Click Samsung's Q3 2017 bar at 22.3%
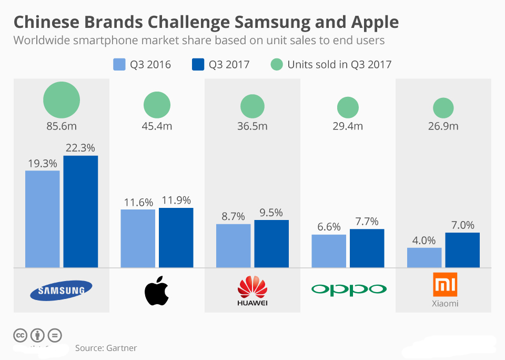[x=80, y=211]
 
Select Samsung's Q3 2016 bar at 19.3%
[x=43, y=218]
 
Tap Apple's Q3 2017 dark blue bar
[x=176, y=237]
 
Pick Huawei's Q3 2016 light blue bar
[x=233, y=245]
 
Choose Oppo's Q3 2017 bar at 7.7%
[x=367, y=248]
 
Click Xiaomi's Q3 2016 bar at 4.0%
[x=424, y=257]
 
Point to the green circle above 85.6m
[x=62, y=100]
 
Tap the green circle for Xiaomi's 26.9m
[x=443, y=108]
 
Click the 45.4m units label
[x=157, y=126]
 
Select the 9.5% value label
[x=271, y=213]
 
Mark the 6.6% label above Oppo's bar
[x=329, y=227]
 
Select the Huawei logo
[x=252, y=291]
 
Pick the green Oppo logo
[x=348, y=289]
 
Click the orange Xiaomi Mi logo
[x=445, y=285]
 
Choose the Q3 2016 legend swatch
[x=119, y=65]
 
